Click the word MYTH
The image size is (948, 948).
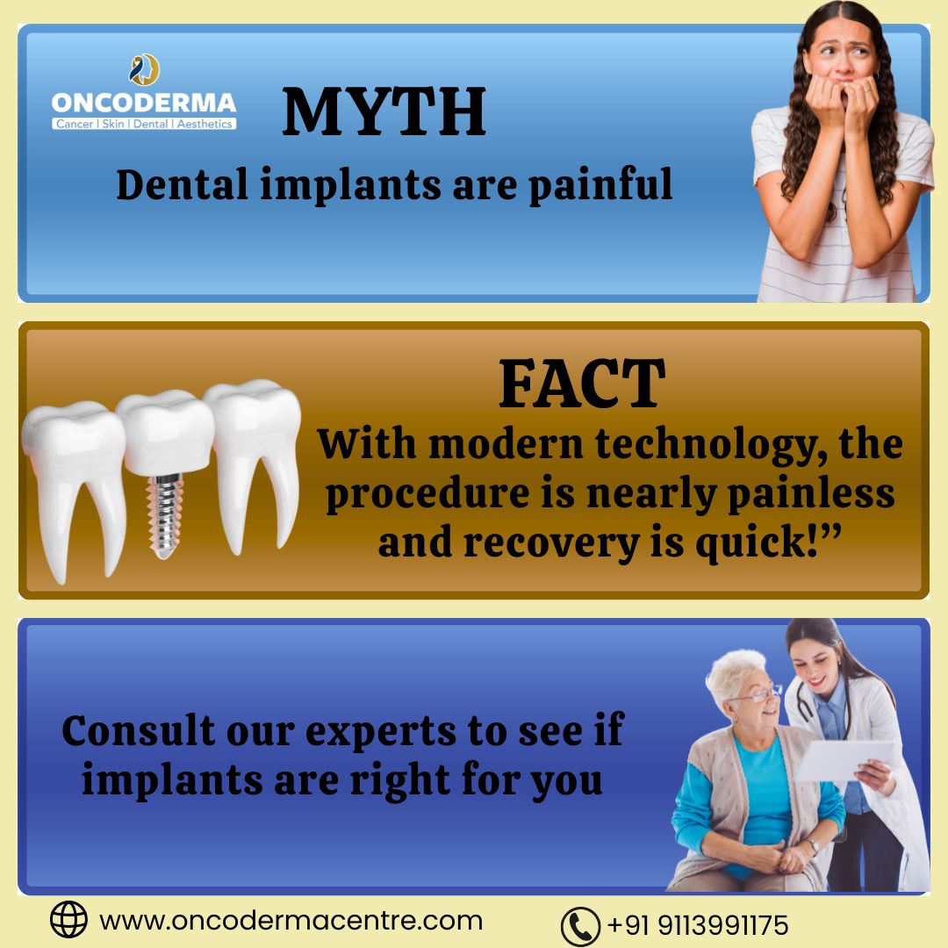[384, 111]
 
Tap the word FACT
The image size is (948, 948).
[581, 384]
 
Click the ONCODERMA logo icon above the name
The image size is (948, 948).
[145, 70]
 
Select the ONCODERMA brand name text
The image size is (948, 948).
[144, 103]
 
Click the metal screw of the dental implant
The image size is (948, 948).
[164, 512]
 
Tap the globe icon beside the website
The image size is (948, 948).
[68, 920]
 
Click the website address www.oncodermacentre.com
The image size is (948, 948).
[291, 921]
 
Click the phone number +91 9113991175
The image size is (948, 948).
[698, 925]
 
